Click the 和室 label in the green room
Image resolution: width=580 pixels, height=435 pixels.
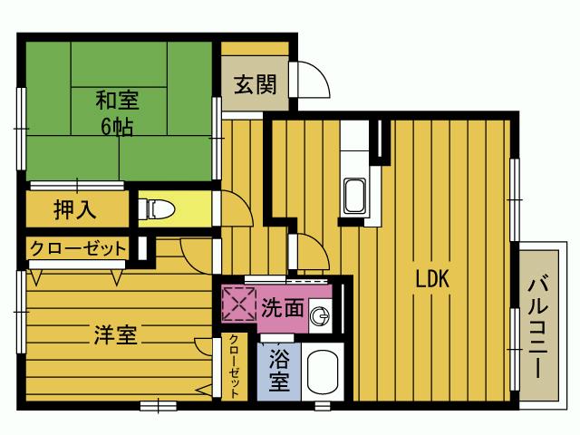[x=118, y=98]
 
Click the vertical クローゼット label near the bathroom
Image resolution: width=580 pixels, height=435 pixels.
[x=233, y=366]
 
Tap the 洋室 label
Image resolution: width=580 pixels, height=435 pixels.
[x=115, y=334]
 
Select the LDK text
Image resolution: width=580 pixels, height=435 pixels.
[x=432, y=279]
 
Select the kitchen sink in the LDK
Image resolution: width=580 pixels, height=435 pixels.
[x=354, y=195]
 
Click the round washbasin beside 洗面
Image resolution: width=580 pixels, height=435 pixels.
[x=319, y=315]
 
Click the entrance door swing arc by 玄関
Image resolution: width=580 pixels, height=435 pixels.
[x=314, y=82]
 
